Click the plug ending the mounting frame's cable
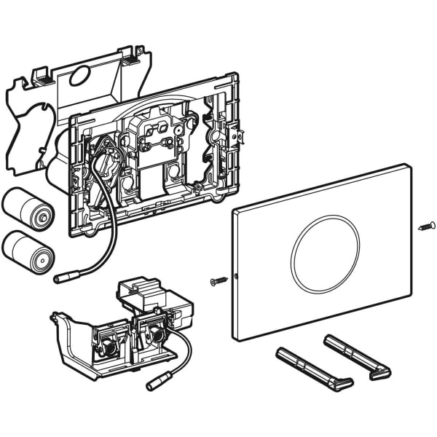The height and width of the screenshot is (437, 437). (x=62, y=277)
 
